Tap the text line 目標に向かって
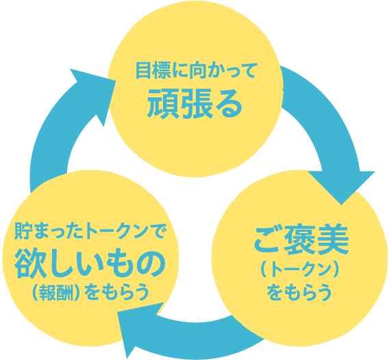point(194,70)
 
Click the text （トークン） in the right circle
point(301,269)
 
